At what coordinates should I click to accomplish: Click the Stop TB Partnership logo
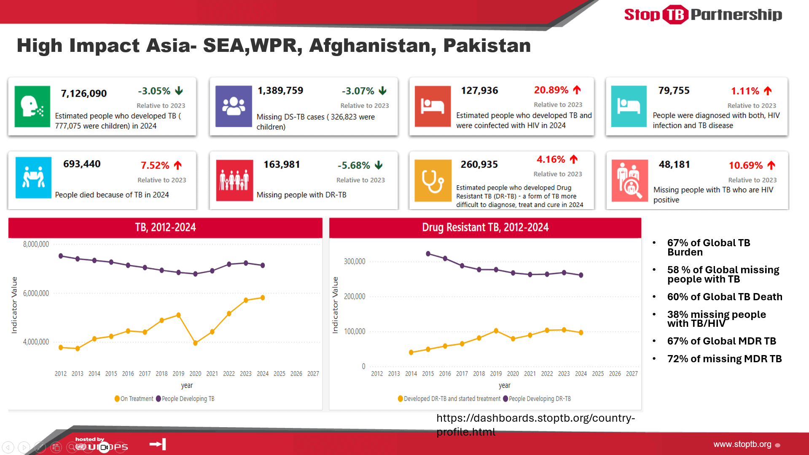[703, 15]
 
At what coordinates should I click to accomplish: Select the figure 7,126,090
[83, 94]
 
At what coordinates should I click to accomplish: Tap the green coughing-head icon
[32, 106]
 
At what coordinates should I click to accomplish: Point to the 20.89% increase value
[551, 90]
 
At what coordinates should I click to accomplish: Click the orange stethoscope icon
[433, 180]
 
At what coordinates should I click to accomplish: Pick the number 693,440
[82, 164]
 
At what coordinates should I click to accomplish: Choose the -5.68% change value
[354, 165]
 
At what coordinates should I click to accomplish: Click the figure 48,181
[674, 164]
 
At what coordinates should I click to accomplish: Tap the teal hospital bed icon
[629, 106]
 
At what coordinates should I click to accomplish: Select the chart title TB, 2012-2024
[165, 228]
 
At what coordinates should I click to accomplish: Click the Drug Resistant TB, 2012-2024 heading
[485, 228]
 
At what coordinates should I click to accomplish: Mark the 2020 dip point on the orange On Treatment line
[195, 343]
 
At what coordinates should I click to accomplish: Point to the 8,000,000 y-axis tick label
[36, 245]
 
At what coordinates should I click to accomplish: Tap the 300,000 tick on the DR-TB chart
[355, 261]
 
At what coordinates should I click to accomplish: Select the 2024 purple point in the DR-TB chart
[581, 275]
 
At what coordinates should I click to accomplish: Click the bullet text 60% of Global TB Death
[724, 297]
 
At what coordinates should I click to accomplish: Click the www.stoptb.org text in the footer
[742, 444]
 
